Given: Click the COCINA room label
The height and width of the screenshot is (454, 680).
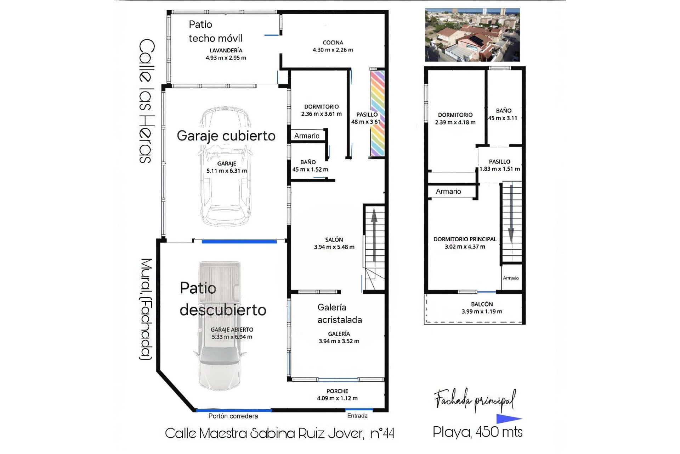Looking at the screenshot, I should (x=333, y=43).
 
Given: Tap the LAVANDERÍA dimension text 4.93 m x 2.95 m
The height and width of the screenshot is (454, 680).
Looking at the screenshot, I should (x=226, y=58).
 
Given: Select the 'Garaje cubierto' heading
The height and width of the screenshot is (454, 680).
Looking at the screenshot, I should (x=226, y=136).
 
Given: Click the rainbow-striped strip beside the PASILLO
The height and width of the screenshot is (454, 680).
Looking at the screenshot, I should (x=377, y=113).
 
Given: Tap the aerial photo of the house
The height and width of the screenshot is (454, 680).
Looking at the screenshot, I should (x=472, y=35).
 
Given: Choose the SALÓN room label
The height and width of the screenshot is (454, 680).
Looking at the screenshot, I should (x=334, y=240).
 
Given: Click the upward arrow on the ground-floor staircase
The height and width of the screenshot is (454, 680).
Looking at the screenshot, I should (x=374, y=234).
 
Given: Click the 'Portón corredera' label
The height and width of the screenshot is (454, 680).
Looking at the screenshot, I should (x=233, y=416).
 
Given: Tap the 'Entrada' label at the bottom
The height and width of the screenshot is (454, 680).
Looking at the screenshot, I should (x=357, y=416).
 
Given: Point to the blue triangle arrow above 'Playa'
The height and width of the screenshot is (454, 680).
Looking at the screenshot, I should (x=508, y=419).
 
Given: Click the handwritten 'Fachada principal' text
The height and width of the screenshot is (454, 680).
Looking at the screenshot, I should (x=475, y=400).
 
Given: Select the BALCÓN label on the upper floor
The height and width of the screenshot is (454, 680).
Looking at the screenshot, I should (x=482, y=304).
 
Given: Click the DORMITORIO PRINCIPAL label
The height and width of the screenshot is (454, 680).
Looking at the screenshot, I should (x=465, y=239).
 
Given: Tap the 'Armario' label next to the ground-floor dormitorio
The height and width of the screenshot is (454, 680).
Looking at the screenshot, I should (x=307, y=136).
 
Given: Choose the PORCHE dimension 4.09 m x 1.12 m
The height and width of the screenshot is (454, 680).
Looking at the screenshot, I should (x=337, y=398).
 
